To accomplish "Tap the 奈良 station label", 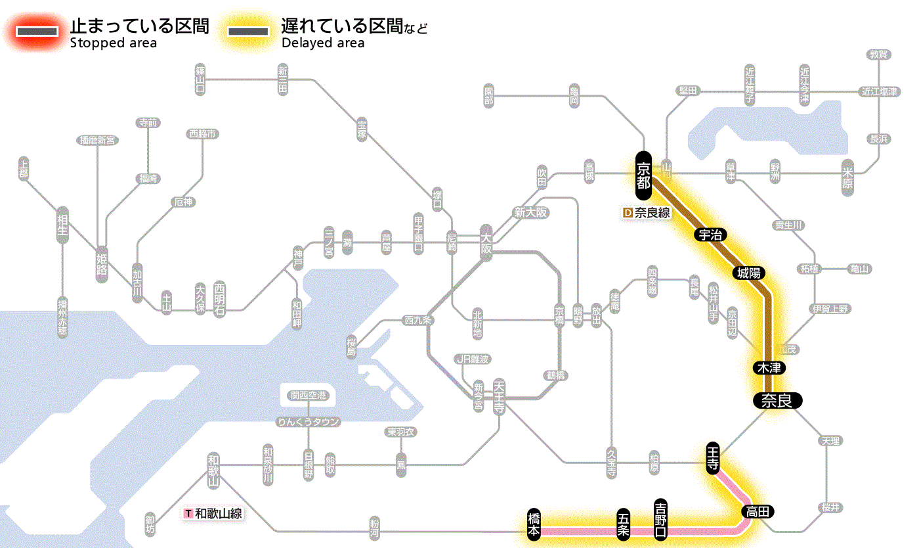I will pyautogui.click(x=777, y=400).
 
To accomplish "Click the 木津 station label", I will pyautogui.click(x=770, y=367).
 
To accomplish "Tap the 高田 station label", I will pyautogui.click(x=758, y=511).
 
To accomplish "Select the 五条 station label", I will pyautogui.click(x=623, y=524).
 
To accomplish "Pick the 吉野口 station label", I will pyautogui.click(x=660, y=520).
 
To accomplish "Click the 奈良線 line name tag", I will pyautogui.click(x=647, y=213).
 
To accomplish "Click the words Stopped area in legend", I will pyautogui.click(x=113, y=43).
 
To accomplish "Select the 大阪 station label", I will pyautogui.click(x=486, y=244).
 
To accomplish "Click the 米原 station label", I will pyautogui.click(x=847, y=175).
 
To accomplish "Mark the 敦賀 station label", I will pyautogui.click(x=879, y=55).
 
